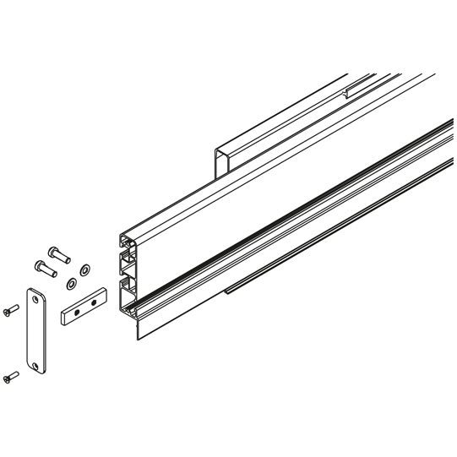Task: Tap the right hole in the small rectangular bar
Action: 95,301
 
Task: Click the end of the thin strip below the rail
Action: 226,293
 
